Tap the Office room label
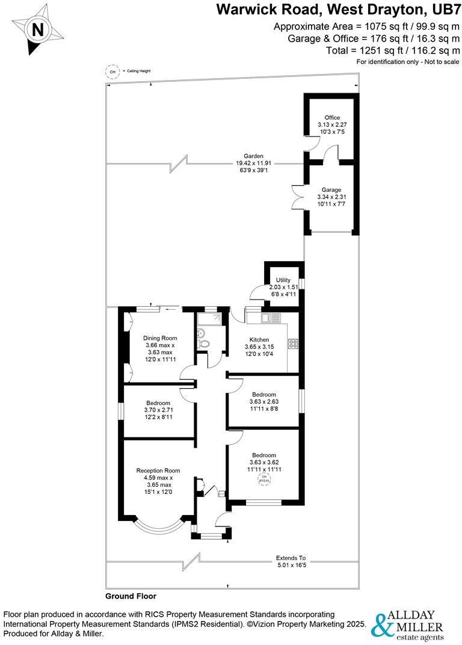[332, 117]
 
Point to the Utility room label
[283, 280]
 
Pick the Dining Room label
[160, 338]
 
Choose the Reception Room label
[158, 471]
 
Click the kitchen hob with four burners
[294, 344]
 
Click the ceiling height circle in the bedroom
[264, 480]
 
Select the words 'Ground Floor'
[131, 596]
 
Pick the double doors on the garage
[296, 193]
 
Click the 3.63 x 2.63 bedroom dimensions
[263, 401]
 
